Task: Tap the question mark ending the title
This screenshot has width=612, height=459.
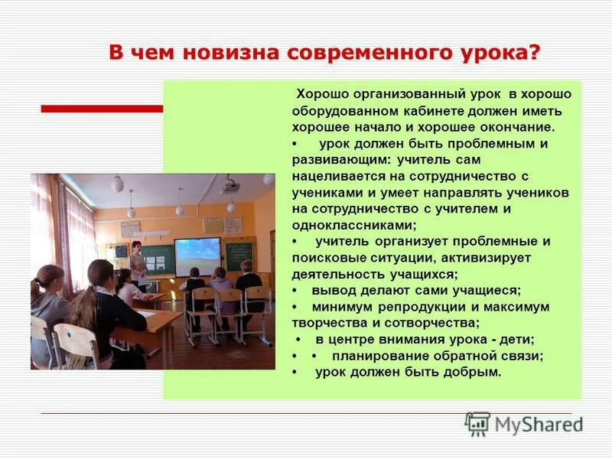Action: click(534, 53)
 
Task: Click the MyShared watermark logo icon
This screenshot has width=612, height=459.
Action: click(477, 424)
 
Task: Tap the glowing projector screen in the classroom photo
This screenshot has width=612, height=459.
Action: click(197, 256)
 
